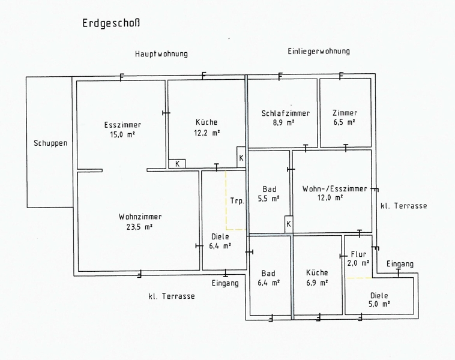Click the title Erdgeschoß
point(112,24)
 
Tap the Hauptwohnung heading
point(161,54)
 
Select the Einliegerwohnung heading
point(319,52)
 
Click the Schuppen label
point(50,143)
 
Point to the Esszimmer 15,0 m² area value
point(122,135)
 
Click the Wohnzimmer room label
point(140,217)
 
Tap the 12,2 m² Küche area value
point(206,133)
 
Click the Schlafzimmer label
point(286,113)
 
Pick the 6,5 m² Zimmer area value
point(345,122)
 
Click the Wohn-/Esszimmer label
point(335,188)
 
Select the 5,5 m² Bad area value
point(270,198)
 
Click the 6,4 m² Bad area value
point(269,282)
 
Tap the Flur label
point(358,254)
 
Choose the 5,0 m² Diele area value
point(379,304)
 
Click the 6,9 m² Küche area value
point(316,282)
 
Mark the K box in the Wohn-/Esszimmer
point(289,224)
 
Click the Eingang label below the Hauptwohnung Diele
point(225,283)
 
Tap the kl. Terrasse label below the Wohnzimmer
point(171,296)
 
